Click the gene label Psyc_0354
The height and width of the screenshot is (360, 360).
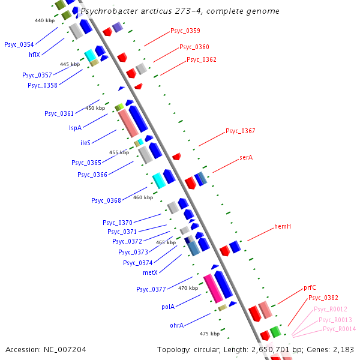click(x=19, y=44)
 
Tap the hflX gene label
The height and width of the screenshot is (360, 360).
click(x=35, y=55)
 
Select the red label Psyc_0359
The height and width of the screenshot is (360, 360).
click(x=185, y=31)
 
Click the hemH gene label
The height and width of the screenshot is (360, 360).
click(x=283, y=226)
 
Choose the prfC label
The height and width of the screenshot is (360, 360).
click(x=310, y=287)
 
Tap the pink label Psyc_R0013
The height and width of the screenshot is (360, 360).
click(x=337, y=320)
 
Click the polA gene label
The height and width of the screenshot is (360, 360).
click(x=168, y=307)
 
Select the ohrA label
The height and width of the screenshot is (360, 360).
click(x=168, y=326)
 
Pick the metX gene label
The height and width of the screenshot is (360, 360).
click(x=150, y=272)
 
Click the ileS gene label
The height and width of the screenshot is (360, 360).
click(x=86, y=143)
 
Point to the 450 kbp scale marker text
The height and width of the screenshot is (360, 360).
click(x=95, y=108)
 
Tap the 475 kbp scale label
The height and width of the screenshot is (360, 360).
click(x=209, y=333)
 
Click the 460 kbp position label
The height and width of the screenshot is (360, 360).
click(x=143, y=197)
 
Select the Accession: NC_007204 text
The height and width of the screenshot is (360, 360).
click(x=46, y=349)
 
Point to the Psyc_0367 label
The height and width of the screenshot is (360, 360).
click(x=241, y=131)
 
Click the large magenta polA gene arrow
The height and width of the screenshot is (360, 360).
click(x=213, y=289)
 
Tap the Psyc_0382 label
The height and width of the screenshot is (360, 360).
click(x=323, y=298)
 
